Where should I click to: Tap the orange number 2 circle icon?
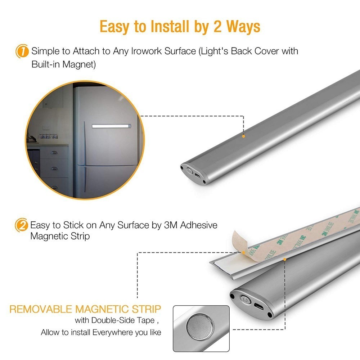click(22, 226)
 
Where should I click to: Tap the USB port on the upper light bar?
click(198, 176)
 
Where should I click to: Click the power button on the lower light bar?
click(245, 299)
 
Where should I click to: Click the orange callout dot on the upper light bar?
click(244, 136)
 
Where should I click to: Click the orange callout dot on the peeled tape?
click(244, 252)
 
